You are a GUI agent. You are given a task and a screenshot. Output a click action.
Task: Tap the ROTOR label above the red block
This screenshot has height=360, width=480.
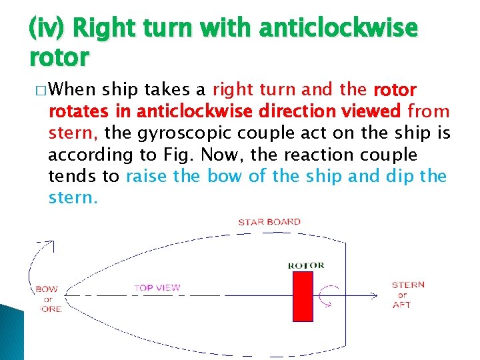306,265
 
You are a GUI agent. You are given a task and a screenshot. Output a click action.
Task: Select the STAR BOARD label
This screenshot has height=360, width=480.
269,222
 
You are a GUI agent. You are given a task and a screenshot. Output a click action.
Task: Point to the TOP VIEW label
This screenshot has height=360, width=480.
157,288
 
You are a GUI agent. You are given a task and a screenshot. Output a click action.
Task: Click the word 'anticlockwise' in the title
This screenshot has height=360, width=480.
338,29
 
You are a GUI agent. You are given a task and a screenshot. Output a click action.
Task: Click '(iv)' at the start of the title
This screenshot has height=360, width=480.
48,29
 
